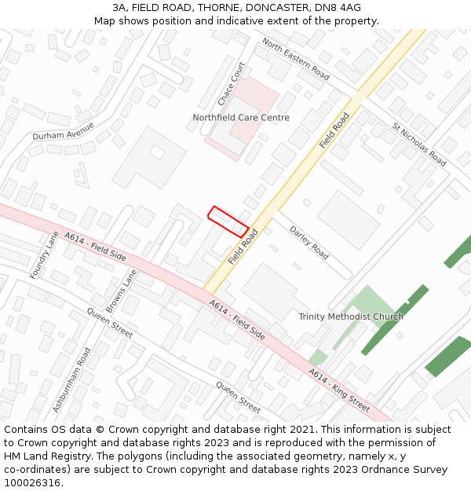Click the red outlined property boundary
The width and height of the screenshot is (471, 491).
coord(228,221)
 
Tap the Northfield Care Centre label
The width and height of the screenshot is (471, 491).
coord(241,118)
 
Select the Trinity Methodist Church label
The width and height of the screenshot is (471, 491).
coord(351,317)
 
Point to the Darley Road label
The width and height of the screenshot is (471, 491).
coord(309,243)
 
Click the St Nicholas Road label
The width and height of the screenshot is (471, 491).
coord(419,145)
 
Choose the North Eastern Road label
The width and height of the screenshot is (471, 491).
coord(296,58)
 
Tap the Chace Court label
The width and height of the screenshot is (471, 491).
coord(232,84)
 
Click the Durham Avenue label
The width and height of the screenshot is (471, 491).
coord(63,131)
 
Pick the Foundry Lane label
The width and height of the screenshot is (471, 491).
coord(44,255)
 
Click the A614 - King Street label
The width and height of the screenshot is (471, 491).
coord(339,390)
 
